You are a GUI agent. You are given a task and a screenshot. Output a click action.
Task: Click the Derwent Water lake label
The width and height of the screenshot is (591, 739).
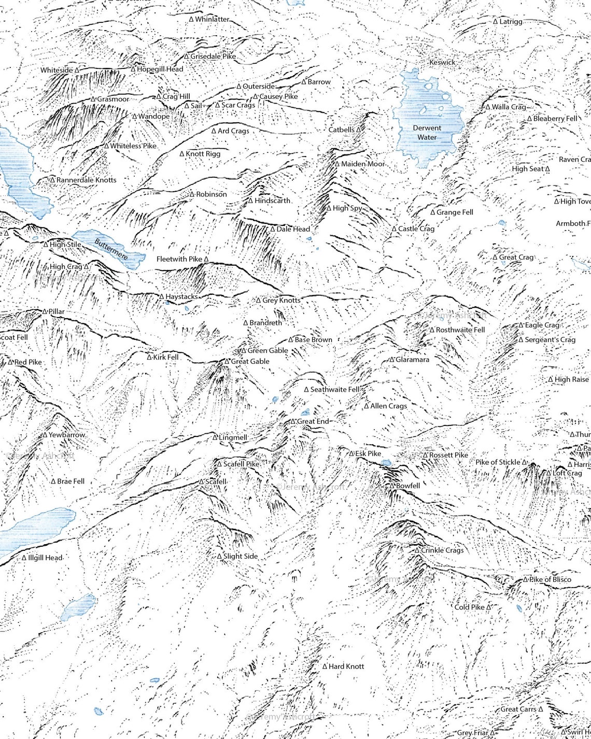pyautogui.click(x=427, y=133)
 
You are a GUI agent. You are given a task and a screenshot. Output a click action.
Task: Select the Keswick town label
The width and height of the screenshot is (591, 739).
pyautogui.click(x=442, y=62)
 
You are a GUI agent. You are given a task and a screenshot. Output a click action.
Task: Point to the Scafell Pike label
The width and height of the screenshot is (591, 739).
pyautogui.click(x=241, y=464)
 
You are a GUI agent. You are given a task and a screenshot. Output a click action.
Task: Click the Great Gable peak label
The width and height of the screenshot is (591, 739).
pyautogui.click(x=250, y=361)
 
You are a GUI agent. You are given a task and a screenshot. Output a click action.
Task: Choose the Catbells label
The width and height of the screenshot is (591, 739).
pyautogui.click(x=342, y=130)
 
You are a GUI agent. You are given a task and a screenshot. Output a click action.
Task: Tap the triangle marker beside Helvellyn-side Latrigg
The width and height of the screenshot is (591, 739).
pyautogui.click(x=495, y=22)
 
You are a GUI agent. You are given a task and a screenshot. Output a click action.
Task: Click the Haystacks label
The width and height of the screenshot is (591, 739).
pyautogui.click(x=181, y=297)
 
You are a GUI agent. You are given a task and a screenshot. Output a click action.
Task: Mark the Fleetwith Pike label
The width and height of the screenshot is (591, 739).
pyautogui.click(x=179, y=259)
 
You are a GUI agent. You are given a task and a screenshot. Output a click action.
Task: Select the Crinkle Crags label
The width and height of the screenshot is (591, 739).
pyautogui.click(x=442, y=550)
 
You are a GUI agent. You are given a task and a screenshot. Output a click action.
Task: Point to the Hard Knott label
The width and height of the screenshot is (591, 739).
pyautogui.click(x=346, y=666)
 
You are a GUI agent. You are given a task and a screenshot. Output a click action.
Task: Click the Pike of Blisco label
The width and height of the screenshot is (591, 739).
pyautogui.click(x=550, y=579)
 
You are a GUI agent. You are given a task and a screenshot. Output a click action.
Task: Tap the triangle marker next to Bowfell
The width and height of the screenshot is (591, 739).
pyautogui.click(x=392, y=486)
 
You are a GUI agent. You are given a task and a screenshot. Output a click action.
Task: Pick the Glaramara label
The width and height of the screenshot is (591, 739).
pyautogui.click(x=413, y=359)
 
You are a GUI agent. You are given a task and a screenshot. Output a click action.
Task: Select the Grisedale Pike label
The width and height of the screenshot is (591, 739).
pyautogui.click(x=213, y=56)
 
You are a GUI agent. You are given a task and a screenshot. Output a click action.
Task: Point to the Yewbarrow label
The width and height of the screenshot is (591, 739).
pyautogui.click(x=67, y=435)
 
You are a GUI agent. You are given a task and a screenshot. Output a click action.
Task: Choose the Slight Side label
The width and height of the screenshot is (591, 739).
pyautogui.click(x=240, y=556)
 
